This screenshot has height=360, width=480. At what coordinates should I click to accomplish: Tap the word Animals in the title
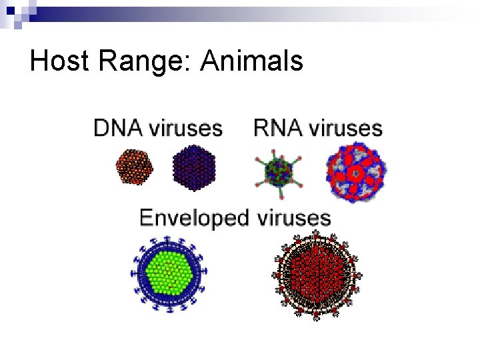point(252,61)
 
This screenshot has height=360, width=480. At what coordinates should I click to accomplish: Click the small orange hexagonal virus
point(135,167)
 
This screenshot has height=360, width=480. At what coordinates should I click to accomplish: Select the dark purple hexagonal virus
point(193,168)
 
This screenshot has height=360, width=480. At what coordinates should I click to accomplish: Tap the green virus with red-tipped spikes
point(279,171)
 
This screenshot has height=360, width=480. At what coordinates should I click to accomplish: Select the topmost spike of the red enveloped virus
point(315,234)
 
